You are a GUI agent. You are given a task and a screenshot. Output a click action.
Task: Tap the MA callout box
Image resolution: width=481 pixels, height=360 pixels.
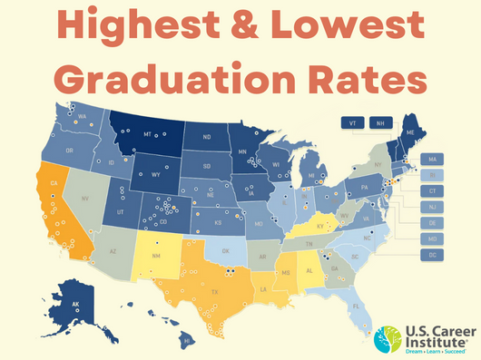pos(431,160)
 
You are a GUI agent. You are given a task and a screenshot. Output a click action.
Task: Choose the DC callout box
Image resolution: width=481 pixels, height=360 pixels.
pos(431,255)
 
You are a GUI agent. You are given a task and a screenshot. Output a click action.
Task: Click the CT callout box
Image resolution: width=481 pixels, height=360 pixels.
pos(431,191)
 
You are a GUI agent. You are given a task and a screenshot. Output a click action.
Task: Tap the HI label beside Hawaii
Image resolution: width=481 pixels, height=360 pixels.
pos(186,342)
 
